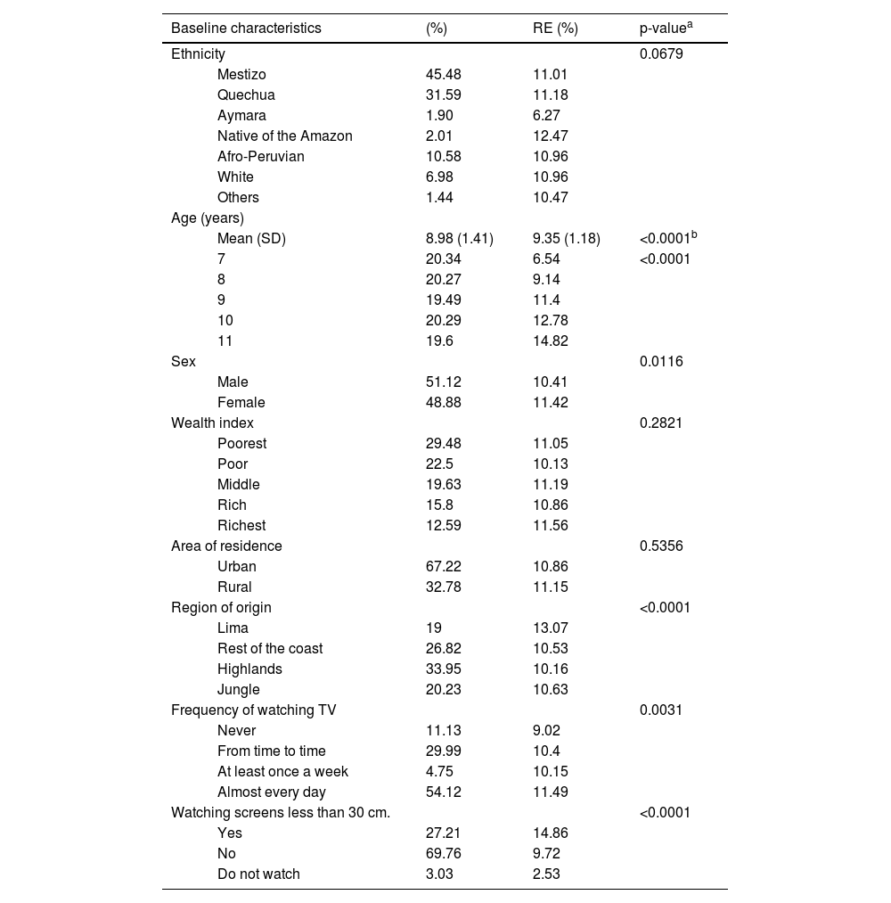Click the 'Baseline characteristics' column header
click(246, 28)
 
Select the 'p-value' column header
click(665, 28)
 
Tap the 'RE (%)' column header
click(555, 28)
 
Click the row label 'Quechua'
click(246, 95)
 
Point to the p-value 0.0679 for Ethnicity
click(661, 54)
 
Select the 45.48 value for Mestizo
click(444, 75)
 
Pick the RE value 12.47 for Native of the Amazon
click(551, 136)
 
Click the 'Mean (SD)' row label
click(251, 239)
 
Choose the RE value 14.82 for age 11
click(551, 341)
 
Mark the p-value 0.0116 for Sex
click(661, 362)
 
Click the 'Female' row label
click(241, 403)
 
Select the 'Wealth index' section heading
click(212, 423)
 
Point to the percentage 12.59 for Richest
click(444, 526)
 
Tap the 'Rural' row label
click(234, 587)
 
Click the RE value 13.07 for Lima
click(551, 628)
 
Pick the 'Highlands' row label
click(249, 669)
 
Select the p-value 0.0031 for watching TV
click(661, 710)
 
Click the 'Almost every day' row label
click(272, 792)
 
